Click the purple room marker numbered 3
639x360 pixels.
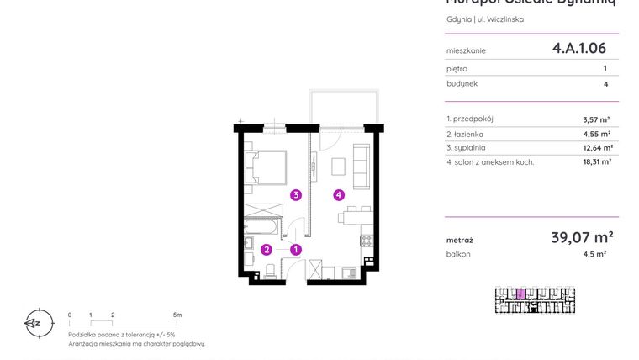click(296, 195)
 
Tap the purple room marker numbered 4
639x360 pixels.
click(338, 195)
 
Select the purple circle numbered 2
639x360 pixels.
click(266, 249)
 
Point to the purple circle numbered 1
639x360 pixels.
click(296, 249)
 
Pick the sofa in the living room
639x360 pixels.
click(362, 166)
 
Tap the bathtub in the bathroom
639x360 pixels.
click(261, 226)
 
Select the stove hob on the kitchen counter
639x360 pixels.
click(366, 241)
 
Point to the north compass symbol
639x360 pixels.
click(34, 322)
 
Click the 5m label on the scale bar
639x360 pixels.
click(177, 315)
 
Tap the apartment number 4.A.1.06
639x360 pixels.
click(578, 49)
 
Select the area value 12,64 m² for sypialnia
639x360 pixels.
click(596, 147)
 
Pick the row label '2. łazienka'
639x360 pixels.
click(465, 133)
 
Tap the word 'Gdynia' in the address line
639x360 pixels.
click(459, 19)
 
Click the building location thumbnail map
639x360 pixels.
click(535, 300)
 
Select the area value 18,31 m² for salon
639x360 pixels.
click(596, 161)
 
